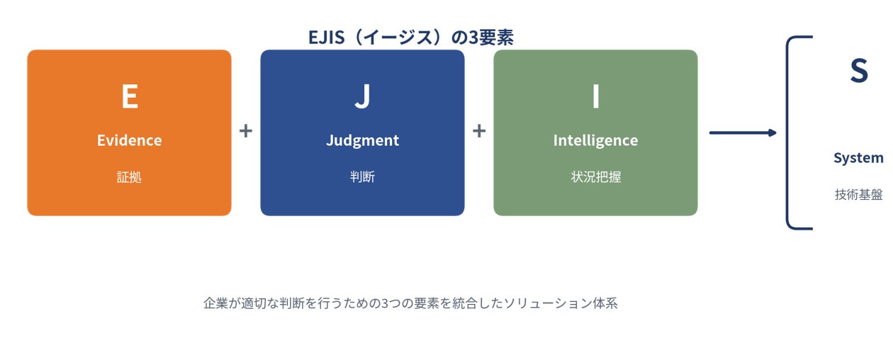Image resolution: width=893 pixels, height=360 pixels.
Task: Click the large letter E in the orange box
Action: (130, 96)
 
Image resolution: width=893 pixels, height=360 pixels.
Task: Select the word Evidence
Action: (130, 140)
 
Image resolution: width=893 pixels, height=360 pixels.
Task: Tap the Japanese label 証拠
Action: (129, 176)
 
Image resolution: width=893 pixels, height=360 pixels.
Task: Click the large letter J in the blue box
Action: (362, 96)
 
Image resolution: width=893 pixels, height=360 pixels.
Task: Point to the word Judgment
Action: (362, 141)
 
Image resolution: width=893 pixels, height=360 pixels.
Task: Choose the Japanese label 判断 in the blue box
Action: (362, 176)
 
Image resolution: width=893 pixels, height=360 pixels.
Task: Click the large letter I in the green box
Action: (595, 96)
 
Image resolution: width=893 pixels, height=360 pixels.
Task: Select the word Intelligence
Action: (595, 141)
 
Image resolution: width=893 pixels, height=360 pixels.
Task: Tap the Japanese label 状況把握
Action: (595, 176)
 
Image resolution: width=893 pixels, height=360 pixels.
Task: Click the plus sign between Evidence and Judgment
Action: (246, 131)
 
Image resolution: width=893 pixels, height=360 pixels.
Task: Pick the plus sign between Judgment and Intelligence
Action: (479, 131)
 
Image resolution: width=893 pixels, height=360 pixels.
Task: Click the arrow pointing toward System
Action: (743, 133)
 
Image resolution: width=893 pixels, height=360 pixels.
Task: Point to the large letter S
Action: (859, 71)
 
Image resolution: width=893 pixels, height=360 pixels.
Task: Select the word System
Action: (859, 158)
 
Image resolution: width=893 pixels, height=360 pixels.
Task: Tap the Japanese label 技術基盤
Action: (859, 195)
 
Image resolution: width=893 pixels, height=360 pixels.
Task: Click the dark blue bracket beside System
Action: (788, 133)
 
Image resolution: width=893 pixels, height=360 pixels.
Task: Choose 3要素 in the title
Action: (490, 38)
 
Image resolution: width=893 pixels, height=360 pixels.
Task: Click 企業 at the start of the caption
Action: (215, 303)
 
